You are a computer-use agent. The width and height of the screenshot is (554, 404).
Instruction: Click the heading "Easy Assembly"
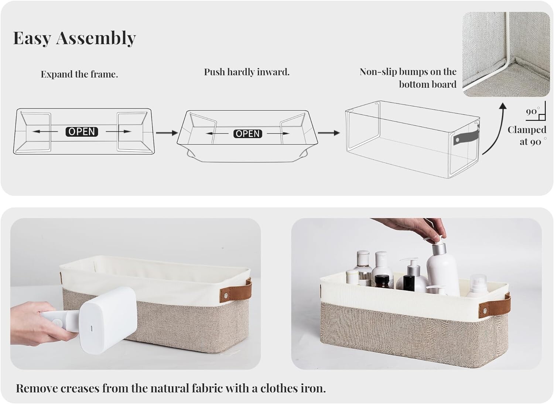click(x=75, y=38)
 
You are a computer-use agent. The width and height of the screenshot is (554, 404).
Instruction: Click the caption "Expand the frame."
click(x=79, y=75)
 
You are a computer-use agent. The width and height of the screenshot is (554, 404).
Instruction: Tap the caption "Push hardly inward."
click(x=247, y=72)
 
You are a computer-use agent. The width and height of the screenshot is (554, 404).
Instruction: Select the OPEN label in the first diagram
click(x=82, y=131)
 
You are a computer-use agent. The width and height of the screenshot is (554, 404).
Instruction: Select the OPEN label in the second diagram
click(x=247, y=134)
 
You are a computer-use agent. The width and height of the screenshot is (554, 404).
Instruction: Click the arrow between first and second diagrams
click(x=167, y=133)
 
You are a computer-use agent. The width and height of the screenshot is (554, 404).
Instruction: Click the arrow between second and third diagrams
click(x=329, y=133)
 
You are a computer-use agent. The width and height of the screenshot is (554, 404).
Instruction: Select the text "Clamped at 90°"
click(x=527, y=136)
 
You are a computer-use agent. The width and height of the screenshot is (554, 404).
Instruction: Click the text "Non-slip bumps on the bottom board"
click(x=408, y=78)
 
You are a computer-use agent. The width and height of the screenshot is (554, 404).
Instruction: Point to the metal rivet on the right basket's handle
click(x=485, y=310)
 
